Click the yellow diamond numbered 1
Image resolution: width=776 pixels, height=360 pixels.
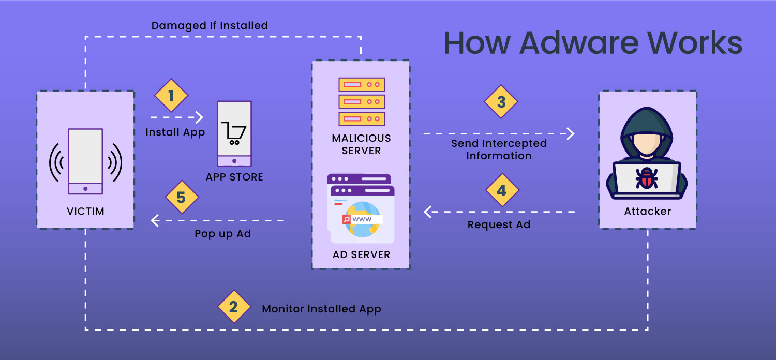click(x=171, y=96)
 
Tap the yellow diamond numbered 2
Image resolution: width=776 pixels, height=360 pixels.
click(x=234, y=307)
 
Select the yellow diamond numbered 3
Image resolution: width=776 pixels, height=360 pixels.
click(x=501, y=101)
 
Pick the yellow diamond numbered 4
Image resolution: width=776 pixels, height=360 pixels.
click(x=502, y=190)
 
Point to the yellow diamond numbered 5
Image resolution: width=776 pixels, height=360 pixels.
click(x=182, y=197)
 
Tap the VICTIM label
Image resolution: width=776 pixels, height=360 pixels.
click(x=85, y=211)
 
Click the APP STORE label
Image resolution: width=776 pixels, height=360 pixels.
click(x=234, y=177)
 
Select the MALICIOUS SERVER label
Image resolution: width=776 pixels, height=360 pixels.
click(x=361, y=144)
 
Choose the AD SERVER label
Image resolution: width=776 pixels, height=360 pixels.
click(x=361, y=254)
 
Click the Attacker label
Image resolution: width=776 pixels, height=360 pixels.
click(x=647, y=211)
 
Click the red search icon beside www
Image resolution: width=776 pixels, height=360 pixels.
click(x=346, y=219)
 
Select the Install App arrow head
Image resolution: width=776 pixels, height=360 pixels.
click(x=199, y=117)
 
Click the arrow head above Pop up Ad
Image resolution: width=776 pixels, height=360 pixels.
click(x=154, y=221)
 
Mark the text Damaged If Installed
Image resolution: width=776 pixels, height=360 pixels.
click(x=210, y=25)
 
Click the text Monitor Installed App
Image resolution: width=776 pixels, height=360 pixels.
click(x=321, y=309)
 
